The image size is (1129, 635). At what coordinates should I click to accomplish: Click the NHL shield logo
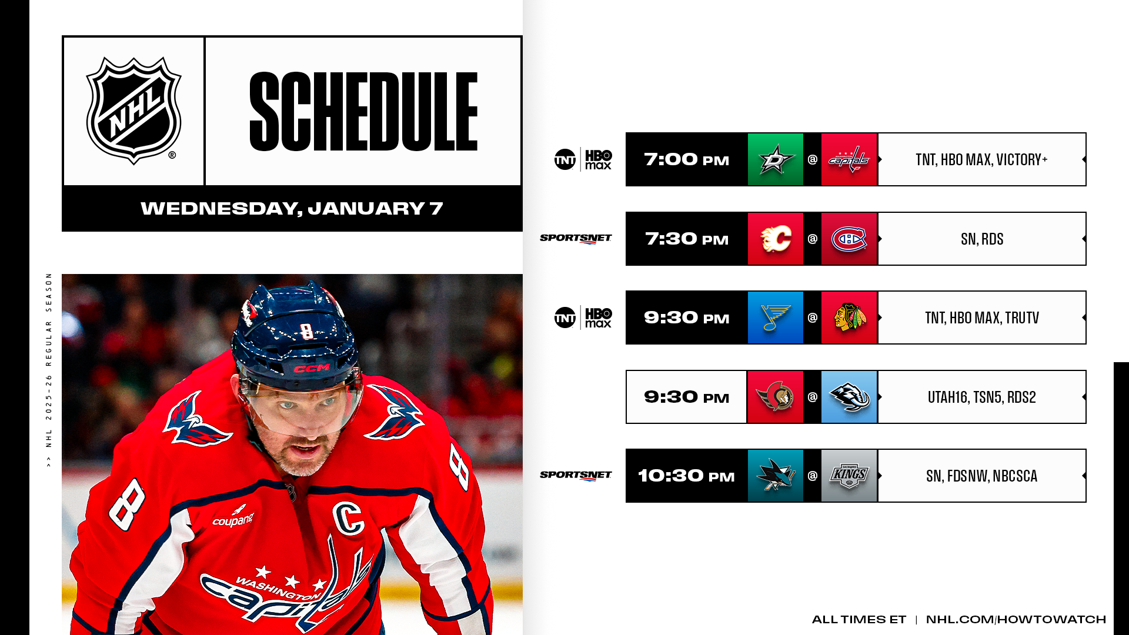[133, 111]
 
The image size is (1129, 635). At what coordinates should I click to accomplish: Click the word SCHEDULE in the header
[363, 111]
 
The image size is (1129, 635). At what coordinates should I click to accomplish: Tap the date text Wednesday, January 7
[292, 208]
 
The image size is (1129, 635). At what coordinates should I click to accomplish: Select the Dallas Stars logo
[775, 159]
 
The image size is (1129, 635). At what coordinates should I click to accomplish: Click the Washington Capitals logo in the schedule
[849, 159]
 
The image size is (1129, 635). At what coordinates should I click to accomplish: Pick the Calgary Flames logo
[776, 239]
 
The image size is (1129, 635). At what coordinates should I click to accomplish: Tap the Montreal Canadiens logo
[849, 239]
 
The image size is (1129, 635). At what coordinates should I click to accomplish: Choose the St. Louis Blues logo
[775, 317]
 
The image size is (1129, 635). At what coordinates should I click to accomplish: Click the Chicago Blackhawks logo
[850, 317]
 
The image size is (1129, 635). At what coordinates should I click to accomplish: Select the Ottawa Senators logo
[775, 397]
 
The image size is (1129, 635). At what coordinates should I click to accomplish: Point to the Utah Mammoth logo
[849, 397]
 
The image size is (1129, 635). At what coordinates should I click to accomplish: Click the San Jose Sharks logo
[775, 476]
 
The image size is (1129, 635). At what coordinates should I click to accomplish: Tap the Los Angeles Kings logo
[849, 476]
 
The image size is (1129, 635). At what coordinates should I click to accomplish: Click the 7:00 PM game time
[686, 159]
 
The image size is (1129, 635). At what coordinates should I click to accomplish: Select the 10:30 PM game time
[686, 476]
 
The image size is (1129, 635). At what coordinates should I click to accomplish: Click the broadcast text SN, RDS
[982, 239]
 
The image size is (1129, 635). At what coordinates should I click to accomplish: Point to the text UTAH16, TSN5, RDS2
[982, 397]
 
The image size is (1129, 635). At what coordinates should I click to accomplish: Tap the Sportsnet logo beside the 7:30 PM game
[576, 239]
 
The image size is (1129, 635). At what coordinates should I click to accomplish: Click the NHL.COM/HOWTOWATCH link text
[1016, 619]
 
